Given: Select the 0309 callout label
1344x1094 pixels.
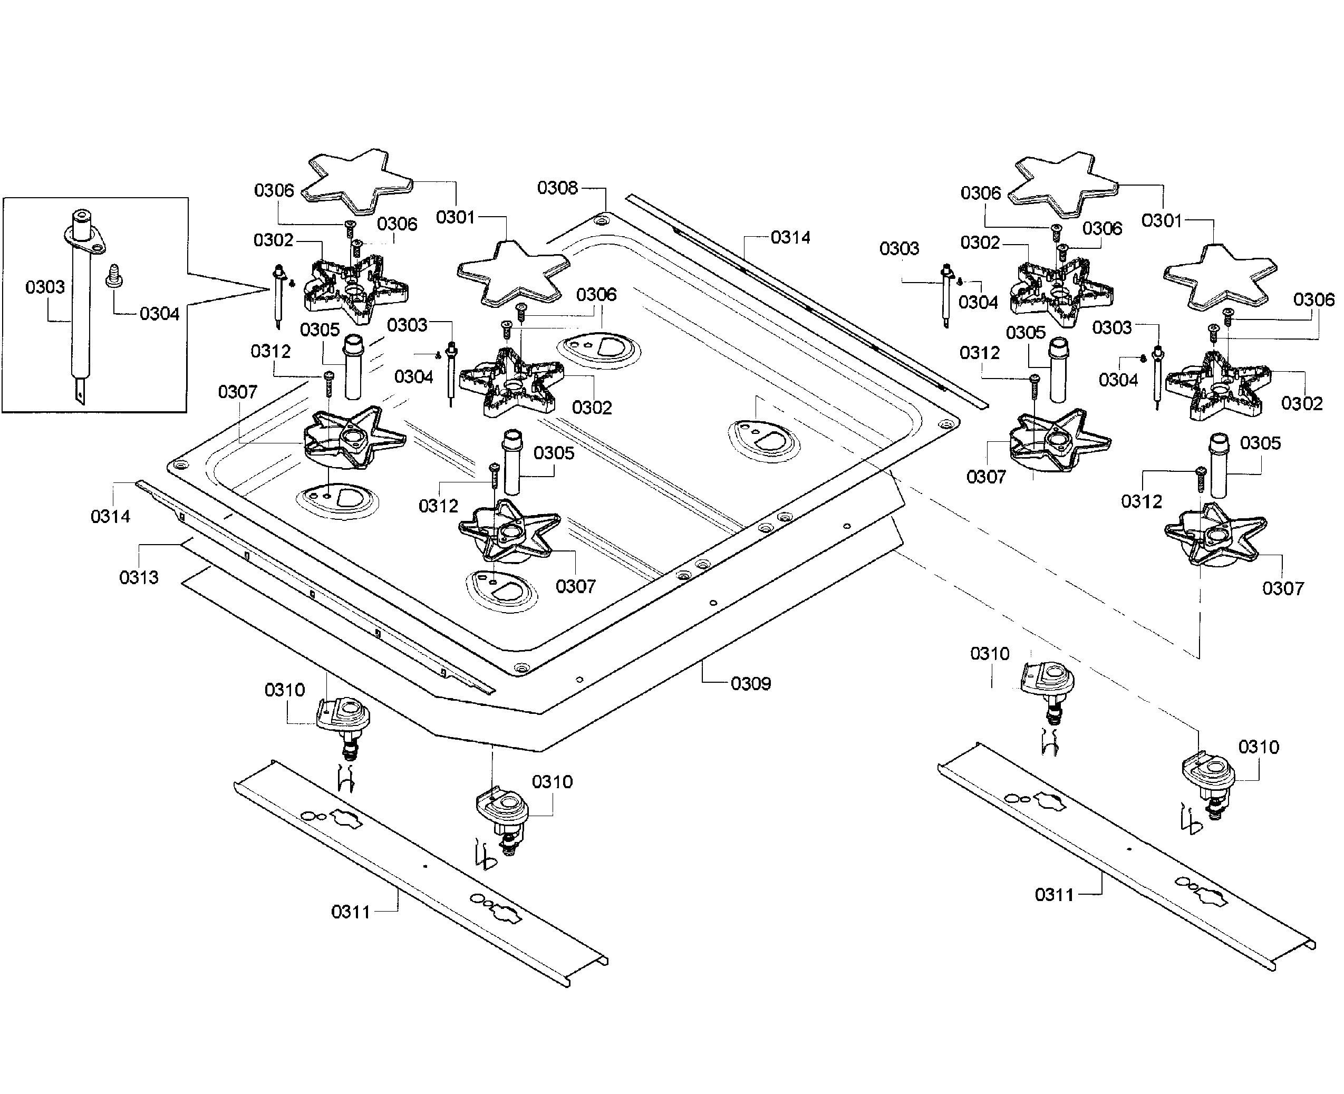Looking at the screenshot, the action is coord(750,684).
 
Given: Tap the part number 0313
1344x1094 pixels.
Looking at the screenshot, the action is coord(139,577).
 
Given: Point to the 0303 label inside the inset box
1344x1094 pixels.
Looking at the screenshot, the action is coord(45,287).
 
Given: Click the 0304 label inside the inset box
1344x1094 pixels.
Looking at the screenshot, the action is coord(159,314).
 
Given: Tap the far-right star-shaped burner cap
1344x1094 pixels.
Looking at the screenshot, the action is coord(1221,278).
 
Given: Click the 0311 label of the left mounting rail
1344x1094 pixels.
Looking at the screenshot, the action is coord(351,912).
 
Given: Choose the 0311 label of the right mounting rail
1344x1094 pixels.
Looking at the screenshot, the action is coord(1054,894).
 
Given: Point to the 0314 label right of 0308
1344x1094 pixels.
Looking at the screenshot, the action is coord(790,238).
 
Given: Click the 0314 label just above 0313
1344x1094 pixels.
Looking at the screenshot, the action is coord(110,517).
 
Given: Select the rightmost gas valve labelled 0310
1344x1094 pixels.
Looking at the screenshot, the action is coord(1207,785).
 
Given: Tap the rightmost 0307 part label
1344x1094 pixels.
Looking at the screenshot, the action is coord(1283,588).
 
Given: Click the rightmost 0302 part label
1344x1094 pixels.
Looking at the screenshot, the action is coord(1302,403).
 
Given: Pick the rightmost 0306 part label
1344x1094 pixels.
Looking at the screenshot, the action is coord(1314,299).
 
